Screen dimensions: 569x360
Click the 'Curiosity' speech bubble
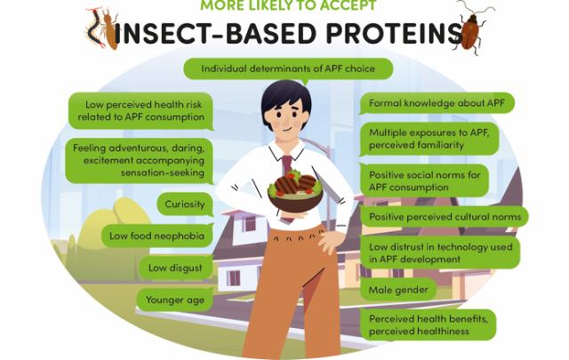185,204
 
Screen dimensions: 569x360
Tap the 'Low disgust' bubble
176,268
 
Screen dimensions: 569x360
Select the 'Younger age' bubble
175,300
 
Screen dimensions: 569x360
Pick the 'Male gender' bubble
398,290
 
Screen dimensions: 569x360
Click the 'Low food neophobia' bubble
157,236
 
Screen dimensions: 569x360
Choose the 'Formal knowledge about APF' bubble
437,103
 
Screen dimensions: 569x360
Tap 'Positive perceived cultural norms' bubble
445,217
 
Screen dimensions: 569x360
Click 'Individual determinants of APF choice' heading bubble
288,68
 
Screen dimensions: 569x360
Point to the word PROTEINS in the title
394,34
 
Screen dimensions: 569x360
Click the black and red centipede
94,29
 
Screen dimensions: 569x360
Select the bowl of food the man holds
295,193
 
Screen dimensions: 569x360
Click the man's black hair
285,97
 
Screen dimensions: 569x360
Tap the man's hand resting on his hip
330,241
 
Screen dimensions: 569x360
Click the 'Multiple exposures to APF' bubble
429,139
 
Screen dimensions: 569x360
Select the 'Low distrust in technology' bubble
440,252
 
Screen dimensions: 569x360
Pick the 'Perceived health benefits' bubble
428,324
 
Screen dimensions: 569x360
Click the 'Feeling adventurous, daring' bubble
139,160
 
